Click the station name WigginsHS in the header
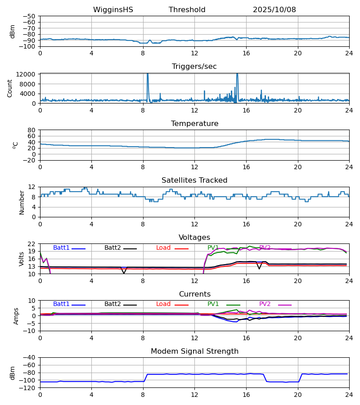113,10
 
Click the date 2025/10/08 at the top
274,10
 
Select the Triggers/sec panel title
194,67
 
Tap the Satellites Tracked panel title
194,180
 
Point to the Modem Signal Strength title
194,351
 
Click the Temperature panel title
194,124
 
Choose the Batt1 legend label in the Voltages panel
61,248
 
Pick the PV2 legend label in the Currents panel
265,304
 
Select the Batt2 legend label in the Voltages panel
112,248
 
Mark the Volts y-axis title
22,259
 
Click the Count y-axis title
10,88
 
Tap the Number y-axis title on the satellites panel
22,202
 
